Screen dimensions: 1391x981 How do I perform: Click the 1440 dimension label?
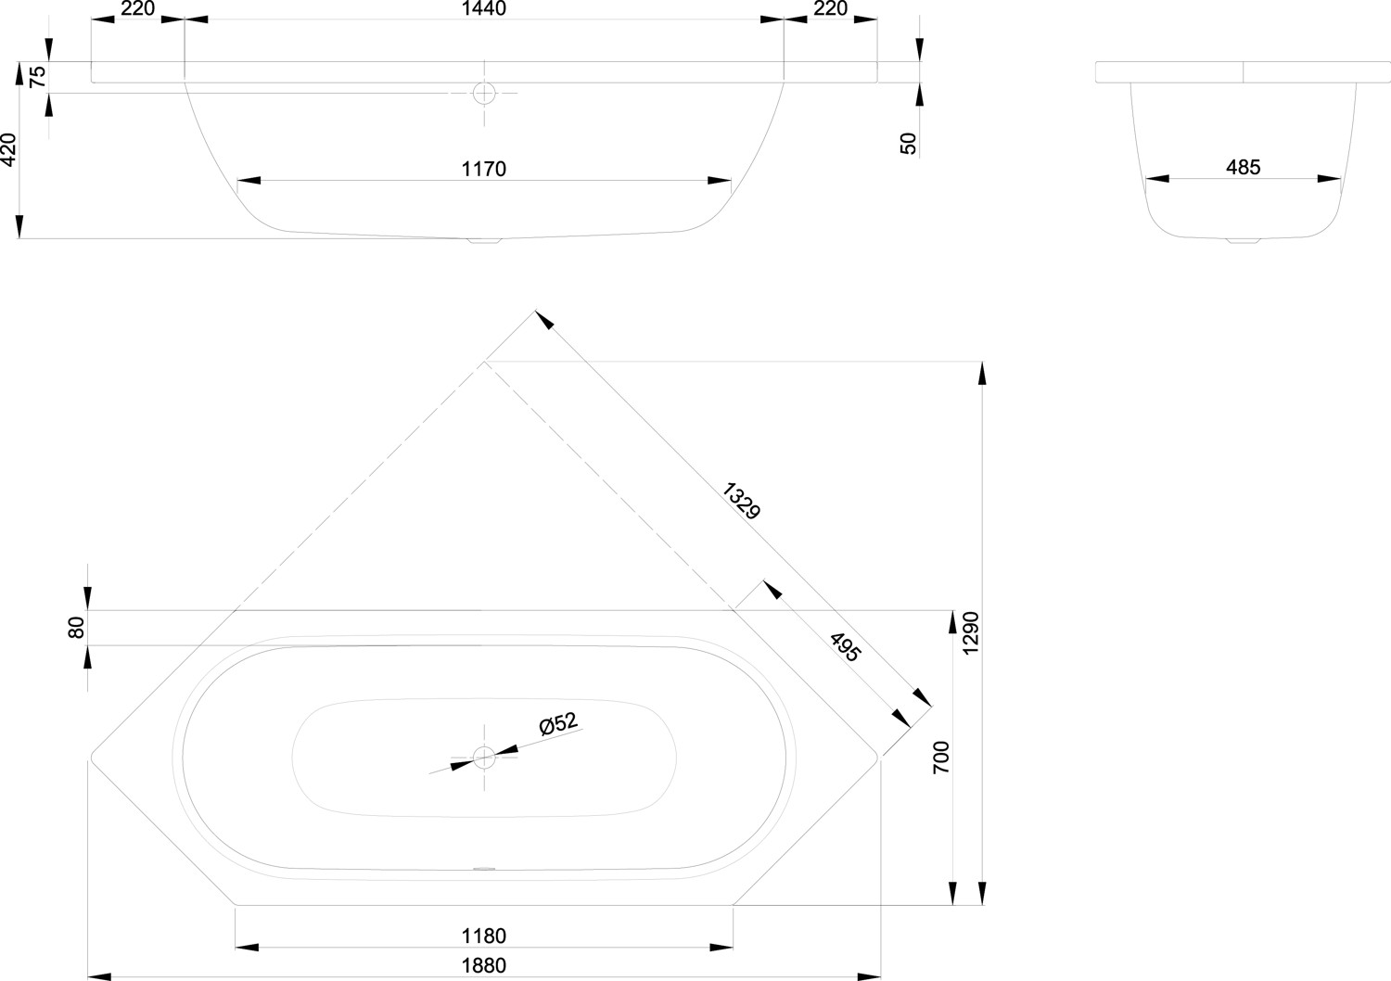click(x=484, y=8)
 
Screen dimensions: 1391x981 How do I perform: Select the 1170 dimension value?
click(x=484, y=169)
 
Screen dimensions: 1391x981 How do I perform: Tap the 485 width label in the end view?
click(x=1244, y=167)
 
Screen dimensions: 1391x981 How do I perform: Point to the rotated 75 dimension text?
click(x=38, y=76)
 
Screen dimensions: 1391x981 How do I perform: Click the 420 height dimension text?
click(x=8, y=149)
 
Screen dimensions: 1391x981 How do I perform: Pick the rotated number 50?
click(x=908, y=144)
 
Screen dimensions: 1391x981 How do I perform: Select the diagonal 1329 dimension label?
click(x=741, y=501)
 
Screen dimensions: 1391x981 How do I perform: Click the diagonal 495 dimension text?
click(x=846, y=647)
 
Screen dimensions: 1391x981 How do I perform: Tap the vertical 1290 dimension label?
click(x=971, y=632)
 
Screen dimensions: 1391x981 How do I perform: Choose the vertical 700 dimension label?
click(x=941, y=757)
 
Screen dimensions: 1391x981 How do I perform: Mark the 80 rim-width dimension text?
click(x=76, y=628)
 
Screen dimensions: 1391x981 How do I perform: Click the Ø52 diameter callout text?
click(x=557, y=723)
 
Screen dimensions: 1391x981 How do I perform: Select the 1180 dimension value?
click(x=484, y=936)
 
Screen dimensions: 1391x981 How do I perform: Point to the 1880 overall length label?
click(x=484, y=965)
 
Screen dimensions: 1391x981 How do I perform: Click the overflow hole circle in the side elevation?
click(x=484, y=93)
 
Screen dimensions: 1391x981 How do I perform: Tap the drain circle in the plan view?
click(x=484, y=758)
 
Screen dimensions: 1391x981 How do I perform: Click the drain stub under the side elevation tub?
click(x=484, y=241)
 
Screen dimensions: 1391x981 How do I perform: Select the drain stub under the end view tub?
click(x=1244, y=240)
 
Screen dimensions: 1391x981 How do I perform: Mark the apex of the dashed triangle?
click(x=484, y=362)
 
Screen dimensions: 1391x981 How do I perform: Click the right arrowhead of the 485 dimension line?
click(x=1329, y=179)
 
